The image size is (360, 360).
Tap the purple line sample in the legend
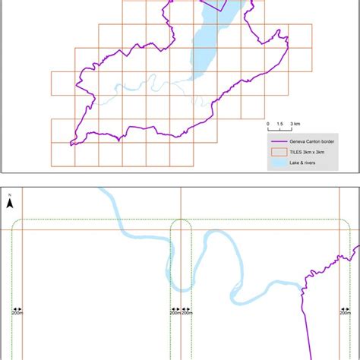click(276, 141)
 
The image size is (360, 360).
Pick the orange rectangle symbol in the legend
click(276, 152)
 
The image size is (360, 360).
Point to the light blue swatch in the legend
click(276, 163)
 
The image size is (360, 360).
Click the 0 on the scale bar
click(267, 122)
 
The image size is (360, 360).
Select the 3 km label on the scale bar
click(295, 122)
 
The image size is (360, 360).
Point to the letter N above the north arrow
click(10, 195)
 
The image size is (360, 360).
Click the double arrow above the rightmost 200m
click(345, 308)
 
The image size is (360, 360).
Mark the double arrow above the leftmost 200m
click(17, 308)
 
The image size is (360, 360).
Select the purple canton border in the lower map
click(306, 319)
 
